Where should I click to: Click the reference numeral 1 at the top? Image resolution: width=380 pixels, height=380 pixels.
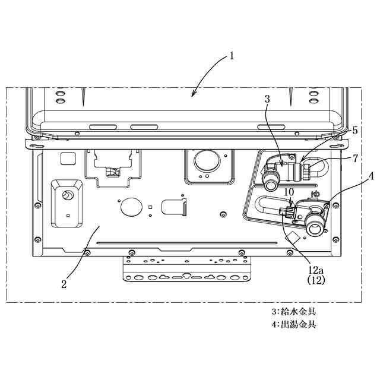tap(232, 57)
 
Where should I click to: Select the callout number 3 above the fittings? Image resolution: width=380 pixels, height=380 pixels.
tap(268, 100)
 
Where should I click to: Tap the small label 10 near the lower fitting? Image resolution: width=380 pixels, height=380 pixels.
tap(289, 192)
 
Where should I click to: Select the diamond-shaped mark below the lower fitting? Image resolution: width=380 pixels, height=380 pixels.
tap(292, 238)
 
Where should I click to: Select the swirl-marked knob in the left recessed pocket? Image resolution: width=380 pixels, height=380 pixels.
tap(68, 195)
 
